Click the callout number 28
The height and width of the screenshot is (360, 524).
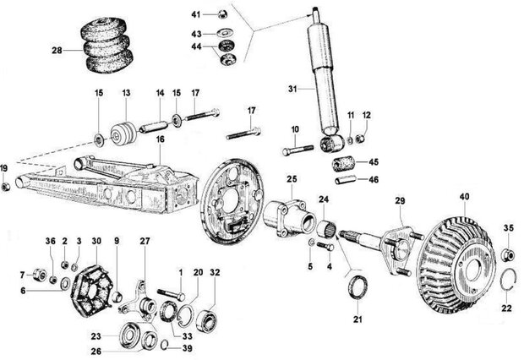pos(57,51)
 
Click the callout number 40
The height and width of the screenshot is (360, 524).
pos(463,198)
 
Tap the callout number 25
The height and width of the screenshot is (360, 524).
pos(291,180)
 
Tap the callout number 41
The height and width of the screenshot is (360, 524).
pos(195,15)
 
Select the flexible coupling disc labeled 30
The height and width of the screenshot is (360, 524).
pos(94,278)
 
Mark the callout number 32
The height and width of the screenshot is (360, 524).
pos(215,272)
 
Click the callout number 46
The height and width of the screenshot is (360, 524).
pos(374,180)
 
